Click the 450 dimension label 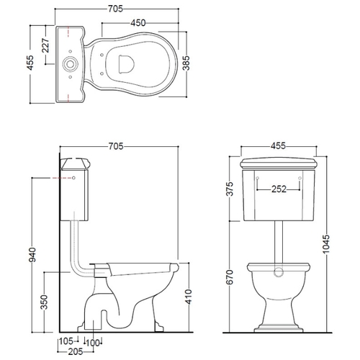[138, 23]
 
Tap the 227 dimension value [45, 45]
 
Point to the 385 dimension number [186, 63]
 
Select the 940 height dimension [32, 255]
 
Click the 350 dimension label [45, 302]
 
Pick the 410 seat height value [189, 297]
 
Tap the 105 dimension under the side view [66, 341]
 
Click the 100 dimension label [93, 343]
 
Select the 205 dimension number [76, 352]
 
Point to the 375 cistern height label [230, 189]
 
